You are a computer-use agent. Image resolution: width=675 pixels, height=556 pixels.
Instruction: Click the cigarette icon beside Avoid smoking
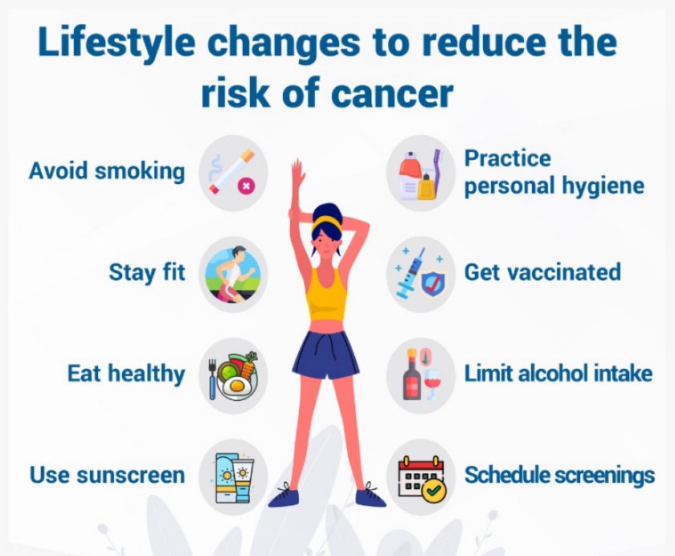pyautogui.click(x=233, y=173)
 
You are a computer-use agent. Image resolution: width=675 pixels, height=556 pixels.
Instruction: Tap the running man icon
pyautogui.click(x=233, y=273)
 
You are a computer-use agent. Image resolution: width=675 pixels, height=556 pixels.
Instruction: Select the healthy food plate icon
pyautogui.click(x=233, y=375)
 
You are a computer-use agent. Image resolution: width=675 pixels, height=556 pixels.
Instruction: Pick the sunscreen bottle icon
pyautogui.click(x=233, y=476)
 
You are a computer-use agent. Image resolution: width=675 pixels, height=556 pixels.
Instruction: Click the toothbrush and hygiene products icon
pyautogui.click(x=421, y=173)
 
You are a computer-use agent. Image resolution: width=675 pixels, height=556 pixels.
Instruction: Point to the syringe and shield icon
pyautogui.click(x=421, y=273)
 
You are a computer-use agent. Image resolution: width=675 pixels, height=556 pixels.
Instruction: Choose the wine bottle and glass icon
pyautogui.click(x=421, y=375)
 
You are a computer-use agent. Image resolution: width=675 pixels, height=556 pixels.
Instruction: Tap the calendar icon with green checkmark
pyautogui.click(x=421, y=476)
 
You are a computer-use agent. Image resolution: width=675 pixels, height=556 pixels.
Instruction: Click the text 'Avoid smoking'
pyautogui.click(x=106, y=171)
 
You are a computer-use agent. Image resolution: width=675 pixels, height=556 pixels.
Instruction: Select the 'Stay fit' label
pyautogui.click(x=147, y=272)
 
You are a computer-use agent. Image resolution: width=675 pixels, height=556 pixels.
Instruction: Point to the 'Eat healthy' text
pyautogui.click(x=125, y=374)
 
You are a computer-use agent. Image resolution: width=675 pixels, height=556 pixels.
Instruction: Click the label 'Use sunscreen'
pyautogui.click(x=107, y=475)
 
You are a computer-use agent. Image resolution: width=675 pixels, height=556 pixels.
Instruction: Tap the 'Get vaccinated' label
pyautogui.click(x=542, y=272)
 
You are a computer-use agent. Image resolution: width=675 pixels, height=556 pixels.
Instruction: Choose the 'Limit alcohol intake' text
pyautogui.click(x=558, y=374)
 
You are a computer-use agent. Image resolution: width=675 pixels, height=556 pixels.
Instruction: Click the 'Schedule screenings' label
pyautogui.click(x=559, y=475)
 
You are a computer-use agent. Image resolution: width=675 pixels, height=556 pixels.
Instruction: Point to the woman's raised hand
pyautogui.click(x=298, y=173)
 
